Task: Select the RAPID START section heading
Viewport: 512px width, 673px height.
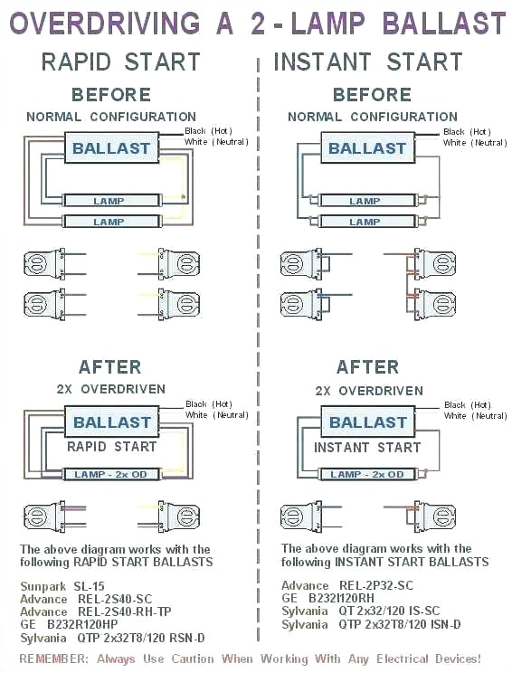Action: (120, 62)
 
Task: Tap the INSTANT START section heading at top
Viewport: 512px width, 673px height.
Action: (367, 62)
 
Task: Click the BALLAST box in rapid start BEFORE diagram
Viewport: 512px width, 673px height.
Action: (112, 148)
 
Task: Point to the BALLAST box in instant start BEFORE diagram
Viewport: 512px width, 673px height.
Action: (367, 148)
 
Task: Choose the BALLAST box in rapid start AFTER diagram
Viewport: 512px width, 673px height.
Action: (112, 422)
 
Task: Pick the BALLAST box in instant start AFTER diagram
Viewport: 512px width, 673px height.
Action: (367, 422)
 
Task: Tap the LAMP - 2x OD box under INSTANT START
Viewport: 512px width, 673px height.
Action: (366, 474)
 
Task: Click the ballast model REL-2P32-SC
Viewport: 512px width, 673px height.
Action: (373, 586)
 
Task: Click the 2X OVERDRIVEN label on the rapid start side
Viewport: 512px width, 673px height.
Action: (110, 390)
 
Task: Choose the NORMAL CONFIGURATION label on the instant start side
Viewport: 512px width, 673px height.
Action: (372, 117)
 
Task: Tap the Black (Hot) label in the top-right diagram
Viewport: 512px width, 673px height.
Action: (467, 132)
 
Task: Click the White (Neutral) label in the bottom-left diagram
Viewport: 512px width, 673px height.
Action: (217, 415)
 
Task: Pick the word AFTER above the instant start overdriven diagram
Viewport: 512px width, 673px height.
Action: (367, 366)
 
